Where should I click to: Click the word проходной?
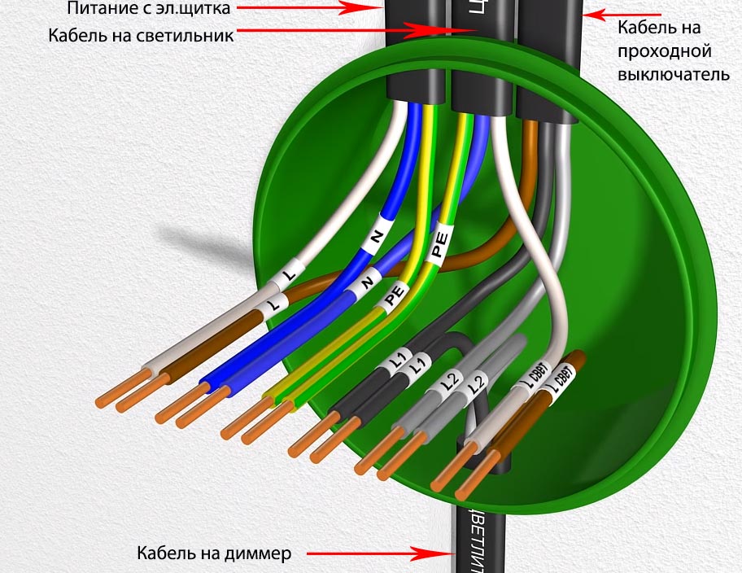click(x=665, y=51)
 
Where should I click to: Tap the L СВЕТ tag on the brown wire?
click(x=561, y=379)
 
